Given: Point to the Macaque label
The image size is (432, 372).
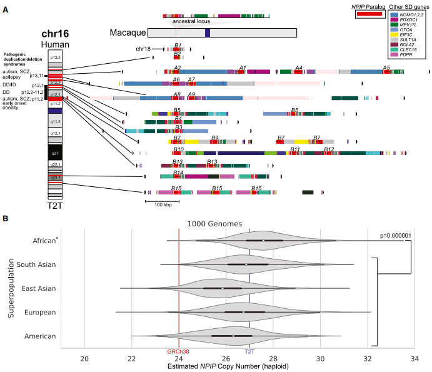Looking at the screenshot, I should pyautogui.click(x=128, y=33).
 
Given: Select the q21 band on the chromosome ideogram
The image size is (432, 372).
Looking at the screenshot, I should pyautogui.click(x=55, y=151).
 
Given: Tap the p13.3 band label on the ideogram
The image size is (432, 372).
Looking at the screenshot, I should pyautogui.click(x=55, y=58).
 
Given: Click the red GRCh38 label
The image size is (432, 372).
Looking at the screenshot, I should pyautogui.click(x=179, y=351).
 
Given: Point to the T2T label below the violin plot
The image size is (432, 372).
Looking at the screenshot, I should pyautogui.click(x=249, y=351).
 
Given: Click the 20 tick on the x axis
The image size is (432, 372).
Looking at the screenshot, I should pyautogui.click(x=84, y=358).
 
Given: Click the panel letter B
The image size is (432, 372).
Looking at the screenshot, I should pyautogui.click(x=6, y=219).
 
